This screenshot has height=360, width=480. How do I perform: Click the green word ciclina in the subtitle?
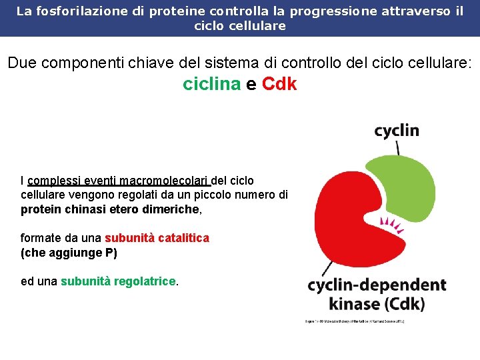pos(211,85)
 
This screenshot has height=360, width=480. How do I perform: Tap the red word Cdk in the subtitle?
pos(279,85)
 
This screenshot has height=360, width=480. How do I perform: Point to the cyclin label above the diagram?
pos(397,130)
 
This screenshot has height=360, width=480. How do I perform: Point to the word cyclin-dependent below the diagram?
pos(377,285)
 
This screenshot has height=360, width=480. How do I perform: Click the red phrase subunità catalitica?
pos(157,238)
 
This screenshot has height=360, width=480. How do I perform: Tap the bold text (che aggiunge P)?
pos(69,253)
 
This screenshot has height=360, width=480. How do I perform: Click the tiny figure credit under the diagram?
pos(354,322)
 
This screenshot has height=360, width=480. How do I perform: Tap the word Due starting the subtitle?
pos(22,63)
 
